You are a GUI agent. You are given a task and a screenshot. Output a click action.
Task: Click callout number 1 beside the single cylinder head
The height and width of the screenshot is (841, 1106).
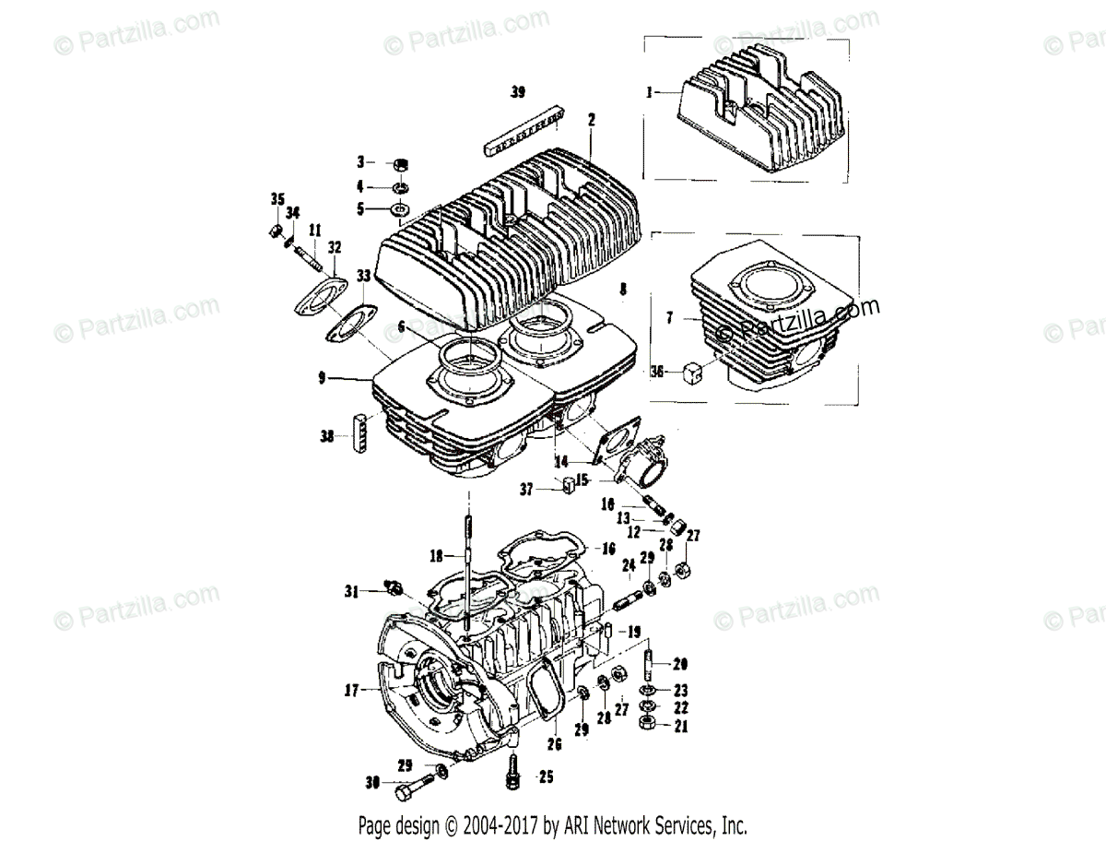coord(651,92)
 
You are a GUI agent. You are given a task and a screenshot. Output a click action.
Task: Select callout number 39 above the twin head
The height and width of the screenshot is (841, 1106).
coord(518,92)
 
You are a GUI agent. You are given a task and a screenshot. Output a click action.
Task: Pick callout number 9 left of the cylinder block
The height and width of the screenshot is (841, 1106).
coord(322,377)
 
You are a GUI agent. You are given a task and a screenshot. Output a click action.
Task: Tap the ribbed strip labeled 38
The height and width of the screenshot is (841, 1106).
coord(360,429)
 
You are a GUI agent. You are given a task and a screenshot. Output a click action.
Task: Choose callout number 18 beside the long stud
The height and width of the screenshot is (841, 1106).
coord(437,556)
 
